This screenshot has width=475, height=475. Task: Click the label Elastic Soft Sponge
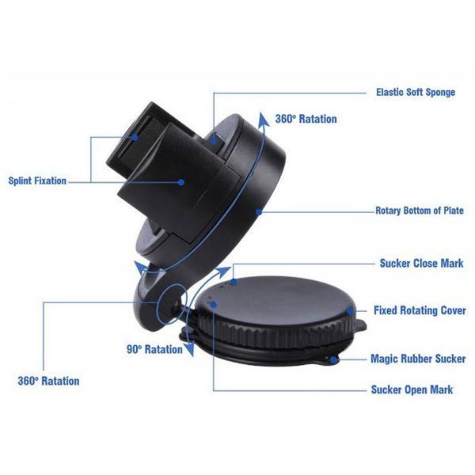416,92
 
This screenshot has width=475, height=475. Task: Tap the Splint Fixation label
37,180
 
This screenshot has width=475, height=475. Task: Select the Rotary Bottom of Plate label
420,211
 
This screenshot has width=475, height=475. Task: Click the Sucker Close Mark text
421,264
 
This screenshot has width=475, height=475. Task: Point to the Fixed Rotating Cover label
420,310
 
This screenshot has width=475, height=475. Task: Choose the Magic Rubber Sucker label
418,359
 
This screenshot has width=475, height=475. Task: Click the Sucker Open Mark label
412,389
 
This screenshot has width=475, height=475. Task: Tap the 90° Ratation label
154,350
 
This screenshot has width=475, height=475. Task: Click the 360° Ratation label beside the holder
306,119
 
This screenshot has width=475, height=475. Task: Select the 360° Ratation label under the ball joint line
48,381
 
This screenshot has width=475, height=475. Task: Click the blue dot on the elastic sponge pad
214,141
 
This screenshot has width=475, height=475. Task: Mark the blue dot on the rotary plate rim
258,212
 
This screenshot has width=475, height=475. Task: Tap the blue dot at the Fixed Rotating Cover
350,311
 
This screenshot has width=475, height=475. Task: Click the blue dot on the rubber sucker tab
334,360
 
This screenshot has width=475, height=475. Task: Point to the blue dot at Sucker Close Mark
234,282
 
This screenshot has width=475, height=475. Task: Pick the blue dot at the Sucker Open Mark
214,304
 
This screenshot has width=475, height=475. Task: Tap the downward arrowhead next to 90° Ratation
190,349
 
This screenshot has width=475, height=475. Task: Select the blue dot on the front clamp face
180,182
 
